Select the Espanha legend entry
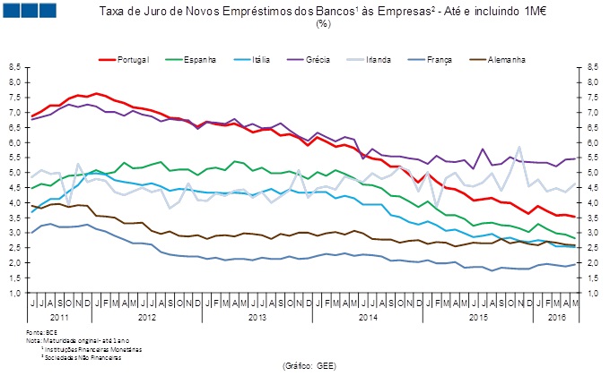(x=200, y=60)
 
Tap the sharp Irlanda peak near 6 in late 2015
(x=518, y=147)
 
